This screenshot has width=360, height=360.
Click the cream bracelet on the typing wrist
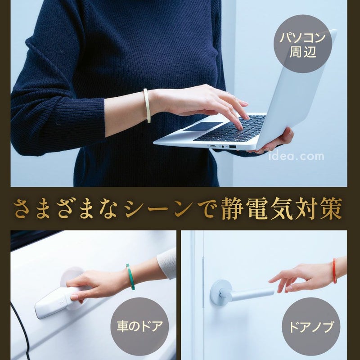click(147, 106)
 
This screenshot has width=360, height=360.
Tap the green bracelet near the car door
click(130, 277)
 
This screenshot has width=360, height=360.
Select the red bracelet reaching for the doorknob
click(334, 271)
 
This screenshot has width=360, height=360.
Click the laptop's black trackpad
click(203, 126)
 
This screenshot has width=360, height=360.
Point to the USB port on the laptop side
click(232, 147)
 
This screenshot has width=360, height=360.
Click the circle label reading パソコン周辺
click(303, 44)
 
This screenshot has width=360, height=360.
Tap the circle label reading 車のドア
click(140, 327)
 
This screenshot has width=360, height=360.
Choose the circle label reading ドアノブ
click(311, 327)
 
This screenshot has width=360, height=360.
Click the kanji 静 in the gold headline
click(232, 208)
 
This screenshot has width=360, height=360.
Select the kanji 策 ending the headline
click(330, 208)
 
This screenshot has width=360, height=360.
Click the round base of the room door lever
click(221, 292)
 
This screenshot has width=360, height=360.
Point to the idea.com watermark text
click(296, 156)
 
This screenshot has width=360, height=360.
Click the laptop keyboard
click(229, 129)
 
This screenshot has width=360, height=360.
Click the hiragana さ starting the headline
click(22, 208)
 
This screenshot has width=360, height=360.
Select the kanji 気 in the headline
click(281, 208)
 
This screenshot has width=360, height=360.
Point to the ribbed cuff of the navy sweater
click(92, 117)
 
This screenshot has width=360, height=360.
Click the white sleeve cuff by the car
click(167, 264)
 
